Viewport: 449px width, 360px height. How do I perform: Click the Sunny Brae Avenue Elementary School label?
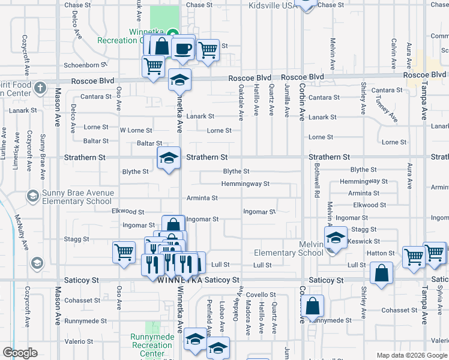click(77, 197)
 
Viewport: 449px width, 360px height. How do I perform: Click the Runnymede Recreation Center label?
click(151, 345)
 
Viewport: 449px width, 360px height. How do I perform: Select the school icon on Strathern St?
click(169, 158)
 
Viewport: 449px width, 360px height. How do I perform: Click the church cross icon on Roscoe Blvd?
click(40, 88)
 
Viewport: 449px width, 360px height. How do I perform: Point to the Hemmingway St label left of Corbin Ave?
click(245, 184)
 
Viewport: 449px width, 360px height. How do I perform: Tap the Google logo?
click(20, 353)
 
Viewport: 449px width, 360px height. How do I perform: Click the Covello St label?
click(261, 295)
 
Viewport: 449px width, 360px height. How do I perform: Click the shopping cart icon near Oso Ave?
click(124, 252)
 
